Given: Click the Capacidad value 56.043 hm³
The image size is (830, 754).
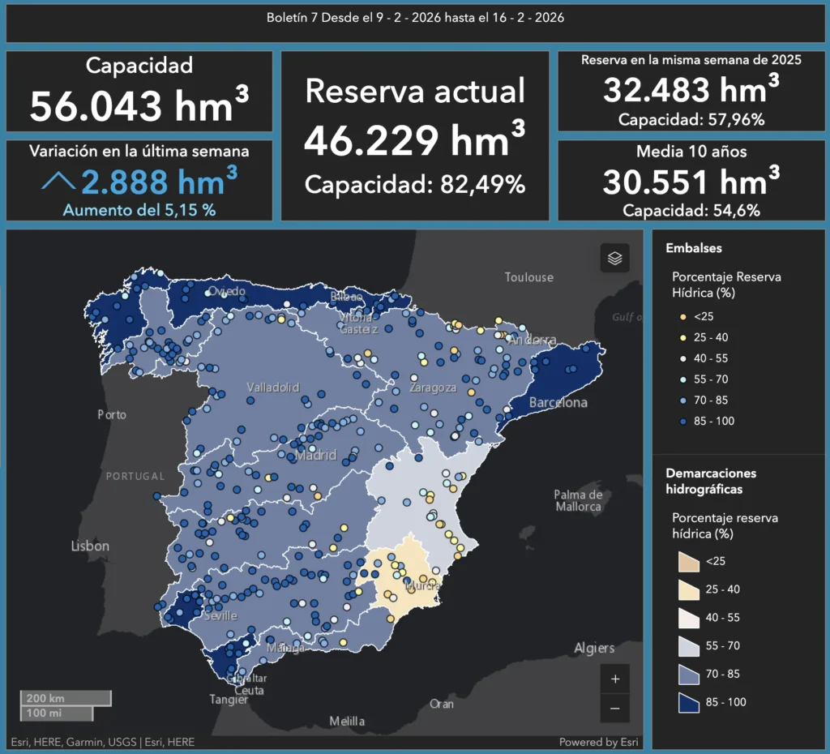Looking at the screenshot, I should pos(139,105).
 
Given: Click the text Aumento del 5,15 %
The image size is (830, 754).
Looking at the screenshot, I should pos(139,210).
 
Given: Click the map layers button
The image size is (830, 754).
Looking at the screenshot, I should pos(614,259).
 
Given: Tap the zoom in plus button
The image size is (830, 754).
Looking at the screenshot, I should pos(614,679).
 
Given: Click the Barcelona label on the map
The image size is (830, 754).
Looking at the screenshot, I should pos(558,403).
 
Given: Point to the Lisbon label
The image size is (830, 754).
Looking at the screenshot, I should pos(90,546).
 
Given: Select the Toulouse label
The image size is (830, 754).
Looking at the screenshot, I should pos(528,277).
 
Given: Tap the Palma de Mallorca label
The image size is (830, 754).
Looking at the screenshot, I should pos(578,500).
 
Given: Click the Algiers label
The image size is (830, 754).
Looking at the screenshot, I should pos(594,648).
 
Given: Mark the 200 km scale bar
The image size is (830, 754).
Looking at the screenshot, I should pos(66,698).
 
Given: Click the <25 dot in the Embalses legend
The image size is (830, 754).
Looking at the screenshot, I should pos(683,316).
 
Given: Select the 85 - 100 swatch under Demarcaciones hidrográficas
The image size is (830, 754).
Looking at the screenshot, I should pos(689,702).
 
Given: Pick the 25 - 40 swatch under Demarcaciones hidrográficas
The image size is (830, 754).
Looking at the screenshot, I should pos(689,589).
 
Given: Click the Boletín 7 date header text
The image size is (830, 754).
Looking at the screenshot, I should pos(415,18).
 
